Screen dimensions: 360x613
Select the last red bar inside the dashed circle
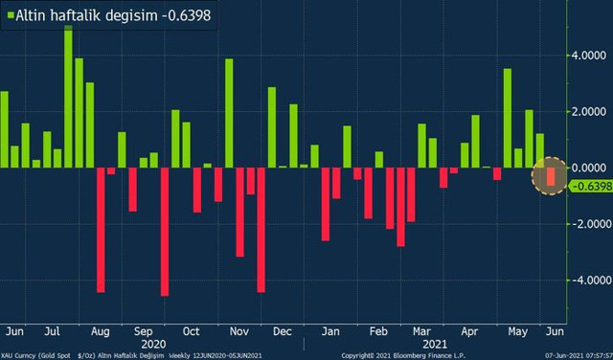click(x=551, y=176)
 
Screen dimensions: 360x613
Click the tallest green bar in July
click(x=68, y=96)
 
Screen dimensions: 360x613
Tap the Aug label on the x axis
click(x=100, y=330)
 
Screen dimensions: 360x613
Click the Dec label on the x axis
click(x=282, y=330)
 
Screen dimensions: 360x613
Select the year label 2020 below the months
click(x=153, y=342)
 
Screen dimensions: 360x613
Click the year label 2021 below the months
click(x=435, y=342)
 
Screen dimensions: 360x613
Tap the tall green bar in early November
click(x=229, y=113)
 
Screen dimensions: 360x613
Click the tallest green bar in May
click(x=507, y=118)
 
